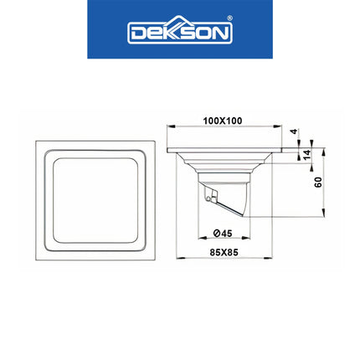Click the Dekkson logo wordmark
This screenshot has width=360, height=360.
click(x=179, y=33)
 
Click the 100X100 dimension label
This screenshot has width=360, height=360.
click(x=222, y=121)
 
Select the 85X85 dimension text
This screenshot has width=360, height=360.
click(x=223, y=250)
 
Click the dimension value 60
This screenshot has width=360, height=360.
click(x=318, y=182)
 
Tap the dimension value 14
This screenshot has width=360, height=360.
click(x=307, y=154)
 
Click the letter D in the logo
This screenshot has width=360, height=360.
click(x=136, y=33)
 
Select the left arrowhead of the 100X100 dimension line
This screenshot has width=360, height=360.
click(x=171, y=127)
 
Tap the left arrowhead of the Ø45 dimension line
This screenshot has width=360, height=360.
click(x=198, y=240)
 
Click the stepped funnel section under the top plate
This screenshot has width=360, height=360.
click(x=222, y=163)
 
